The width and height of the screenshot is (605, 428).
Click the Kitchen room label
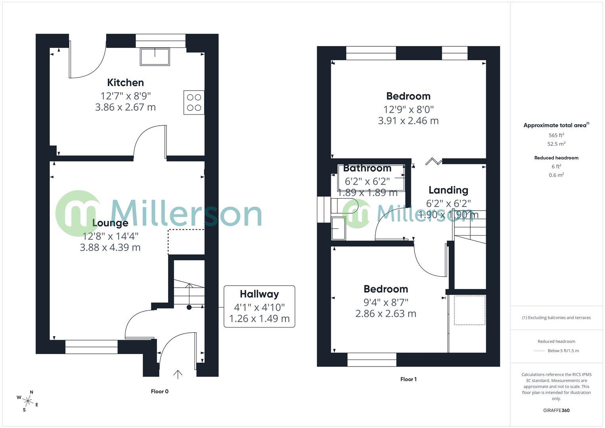coord(126,82)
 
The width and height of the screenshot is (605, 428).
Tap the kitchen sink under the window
coord(155,57)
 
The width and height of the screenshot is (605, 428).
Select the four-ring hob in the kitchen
coord(194,102)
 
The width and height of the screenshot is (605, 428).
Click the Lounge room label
coord(110,223)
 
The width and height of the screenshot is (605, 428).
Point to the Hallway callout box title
coord(259,294)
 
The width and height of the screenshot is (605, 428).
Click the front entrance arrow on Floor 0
coord(178,374)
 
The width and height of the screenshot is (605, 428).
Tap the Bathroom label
coord(367,168)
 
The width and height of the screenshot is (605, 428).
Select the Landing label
coord(449,190)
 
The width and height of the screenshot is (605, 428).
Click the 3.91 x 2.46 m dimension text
coord(408,121)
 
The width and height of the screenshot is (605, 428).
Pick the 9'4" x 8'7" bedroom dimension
coord(386,302)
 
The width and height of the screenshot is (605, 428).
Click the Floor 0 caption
coord(160,392)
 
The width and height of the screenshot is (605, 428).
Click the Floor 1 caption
coord(408,379)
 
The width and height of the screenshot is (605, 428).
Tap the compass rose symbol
coord(28,400)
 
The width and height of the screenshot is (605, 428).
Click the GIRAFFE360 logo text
coord(556,411)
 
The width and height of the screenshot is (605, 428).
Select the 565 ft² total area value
coord(556,135)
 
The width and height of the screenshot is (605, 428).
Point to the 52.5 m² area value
coord(556,144)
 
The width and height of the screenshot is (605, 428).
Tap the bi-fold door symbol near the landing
coord(433,161)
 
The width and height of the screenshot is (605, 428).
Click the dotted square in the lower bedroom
coord(469,310)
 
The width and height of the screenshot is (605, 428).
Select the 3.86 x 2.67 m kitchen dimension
coord(126,107)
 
